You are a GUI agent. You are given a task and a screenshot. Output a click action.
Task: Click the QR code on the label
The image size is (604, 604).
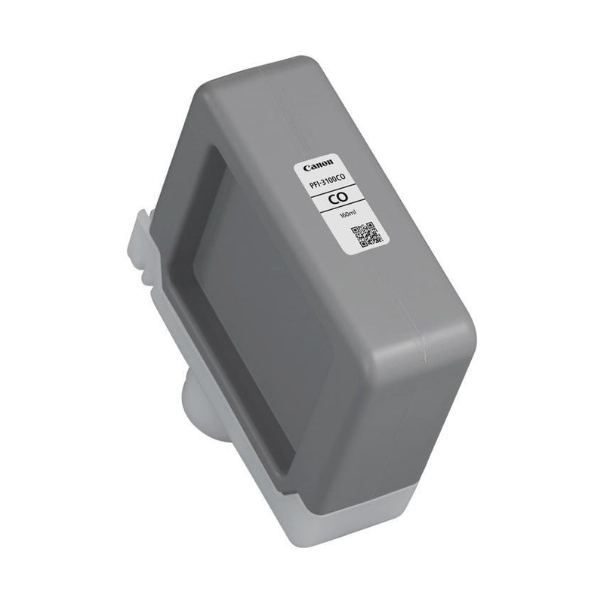tap(365, 235)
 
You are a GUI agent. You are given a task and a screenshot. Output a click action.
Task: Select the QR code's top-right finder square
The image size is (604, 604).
tap(370, 225)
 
